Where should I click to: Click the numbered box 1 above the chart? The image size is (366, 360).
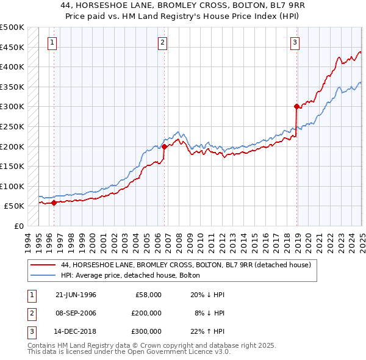[53, 42]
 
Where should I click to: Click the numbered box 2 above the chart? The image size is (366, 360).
[163, 42]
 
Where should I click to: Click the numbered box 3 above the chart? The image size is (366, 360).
[295, 42]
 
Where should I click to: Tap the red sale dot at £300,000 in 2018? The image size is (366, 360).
[296, 106]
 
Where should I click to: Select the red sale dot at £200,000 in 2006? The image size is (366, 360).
[164, 146]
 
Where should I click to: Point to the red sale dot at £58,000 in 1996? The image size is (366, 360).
[54, 203]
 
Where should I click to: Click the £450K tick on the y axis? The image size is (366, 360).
[12, 47]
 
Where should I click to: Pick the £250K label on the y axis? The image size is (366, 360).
[12, 126]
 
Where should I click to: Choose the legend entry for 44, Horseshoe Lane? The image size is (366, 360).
[186, 265]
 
